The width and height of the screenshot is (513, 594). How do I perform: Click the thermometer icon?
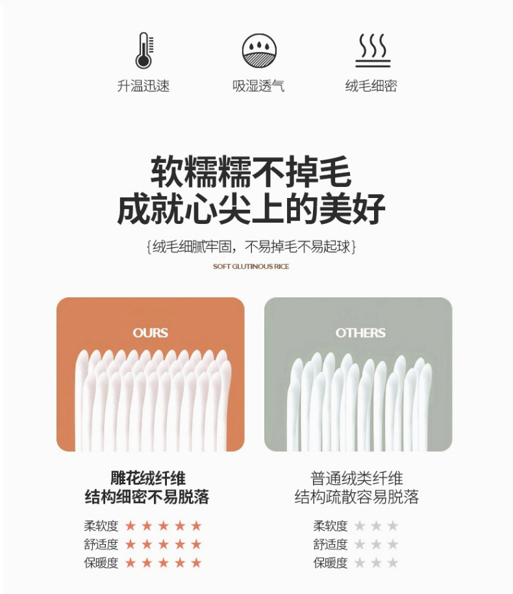pos(144,51)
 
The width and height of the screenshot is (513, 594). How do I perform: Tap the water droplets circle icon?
pos(259,51)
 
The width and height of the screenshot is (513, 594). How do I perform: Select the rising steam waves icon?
pos(373,51)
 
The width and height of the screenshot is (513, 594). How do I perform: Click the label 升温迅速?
pos(144,86)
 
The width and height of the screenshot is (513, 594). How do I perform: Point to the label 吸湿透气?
pos(258,86)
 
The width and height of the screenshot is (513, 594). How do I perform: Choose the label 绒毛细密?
pos(371,86)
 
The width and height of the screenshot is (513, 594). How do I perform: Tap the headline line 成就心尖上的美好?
pos(251,209)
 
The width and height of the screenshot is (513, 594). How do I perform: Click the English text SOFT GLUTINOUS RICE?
pos(251,266)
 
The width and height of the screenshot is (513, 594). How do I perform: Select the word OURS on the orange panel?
pos(151,332)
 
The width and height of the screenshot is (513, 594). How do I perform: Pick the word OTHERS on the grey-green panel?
pos(360,332)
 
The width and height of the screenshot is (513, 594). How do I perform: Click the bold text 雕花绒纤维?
pos(148,478)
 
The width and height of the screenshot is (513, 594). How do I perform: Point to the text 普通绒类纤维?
pos(357,478)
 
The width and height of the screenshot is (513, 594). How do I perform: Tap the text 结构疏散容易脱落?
pos(357,497)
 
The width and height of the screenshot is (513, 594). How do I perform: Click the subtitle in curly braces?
pos(251,247)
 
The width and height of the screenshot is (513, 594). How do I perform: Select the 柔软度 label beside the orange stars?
pos(101,526)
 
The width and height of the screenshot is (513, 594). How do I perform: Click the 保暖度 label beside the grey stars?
pos(331,563)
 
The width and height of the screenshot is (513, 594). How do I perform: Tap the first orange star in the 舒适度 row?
pos(131,545)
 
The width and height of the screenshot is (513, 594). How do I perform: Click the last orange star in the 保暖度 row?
pos(196,563)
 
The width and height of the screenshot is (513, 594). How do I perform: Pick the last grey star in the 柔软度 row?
pos(393,525)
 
